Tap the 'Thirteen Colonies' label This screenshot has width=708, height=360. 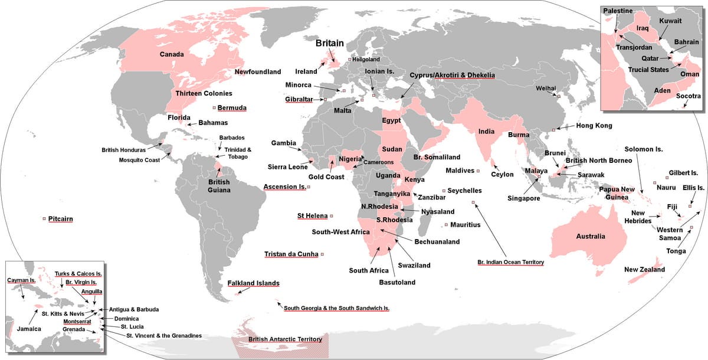point(204,93)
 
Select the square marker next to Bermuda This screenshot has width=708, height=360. point(214,108)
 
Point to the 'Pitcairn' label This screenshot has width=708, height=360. point(61,218)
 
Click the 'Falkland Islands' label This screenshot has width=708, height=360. point(253,283)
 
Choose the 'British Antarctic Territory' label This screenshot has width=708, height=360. point(285,339)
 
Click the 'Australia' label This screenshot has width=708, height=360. point(591,236)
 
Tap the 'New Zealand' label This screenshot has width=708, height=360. point(644,270)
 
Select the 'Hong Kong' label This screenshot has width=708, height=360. point(595,125)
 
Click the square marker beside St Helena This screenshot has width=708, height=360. point(332,216)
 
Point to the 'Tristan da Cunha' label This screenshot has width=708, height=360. point(291,254)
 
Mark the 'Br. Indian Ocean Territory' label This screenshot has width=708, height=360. point(510,261)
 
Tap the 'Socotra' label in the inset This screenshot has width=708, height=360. point(689,96)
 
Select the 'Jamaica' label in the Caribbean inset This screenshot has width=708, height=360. point(29,329)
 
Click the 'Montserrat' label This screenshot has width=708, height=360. point(77,322)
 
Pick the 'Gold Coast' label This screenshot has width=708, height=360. point(326,177)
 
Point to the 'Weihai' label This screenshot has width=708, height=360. point(546,88)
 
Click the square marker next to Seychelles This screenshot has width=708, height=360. point(443,191)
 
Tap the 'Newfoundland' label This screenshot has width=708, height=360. point(258,72)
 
